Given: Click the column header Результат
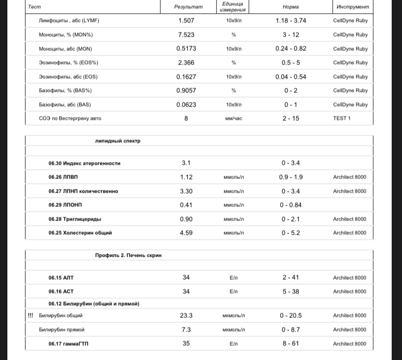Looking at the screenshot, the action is [188, 7].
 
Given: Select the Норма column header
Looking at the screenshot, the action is [290, 7].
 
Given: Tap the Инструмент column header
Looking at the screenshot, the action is [353, 7].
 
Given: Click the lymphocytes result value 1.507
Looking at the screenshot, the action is [186, 21].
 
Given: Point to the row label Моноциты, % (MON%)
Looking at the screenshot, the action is [66, 35].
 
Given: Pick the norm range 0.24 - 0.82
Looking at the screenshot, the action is [290, 48].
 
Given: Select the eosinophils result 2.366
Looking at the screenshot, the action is [186, 63].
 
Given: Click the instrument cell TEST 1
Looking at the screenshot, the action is [342, 118].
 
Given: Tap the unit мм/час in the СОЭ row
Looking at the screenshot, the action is [234, 118].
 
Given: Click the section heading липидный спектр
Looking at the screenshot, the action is [118, 141].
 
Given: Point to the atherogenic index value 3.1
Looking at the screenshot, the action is [186, 163].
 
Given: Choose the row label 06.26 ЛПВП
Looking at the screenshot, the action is [63, 177].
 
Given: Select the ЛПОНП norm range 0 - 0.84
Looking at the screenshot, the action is [290, 205].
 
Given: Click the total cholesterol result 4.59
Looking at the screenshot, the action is [186, 233].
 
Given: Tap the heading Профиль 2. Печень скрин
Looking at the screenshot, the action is [129, 255].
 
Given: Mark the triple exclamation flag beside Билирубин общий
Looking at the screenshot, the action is [30, 315].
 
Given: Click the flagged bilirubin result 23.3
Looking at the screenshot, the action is [186, 315].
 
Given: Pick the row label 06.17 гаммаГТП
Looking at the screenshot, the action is [68, 343].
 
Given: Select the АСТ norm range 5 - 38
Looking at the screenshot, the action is [290, 292].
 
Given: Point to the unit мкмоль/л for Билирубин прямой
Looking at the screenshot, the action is [234, 330].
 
